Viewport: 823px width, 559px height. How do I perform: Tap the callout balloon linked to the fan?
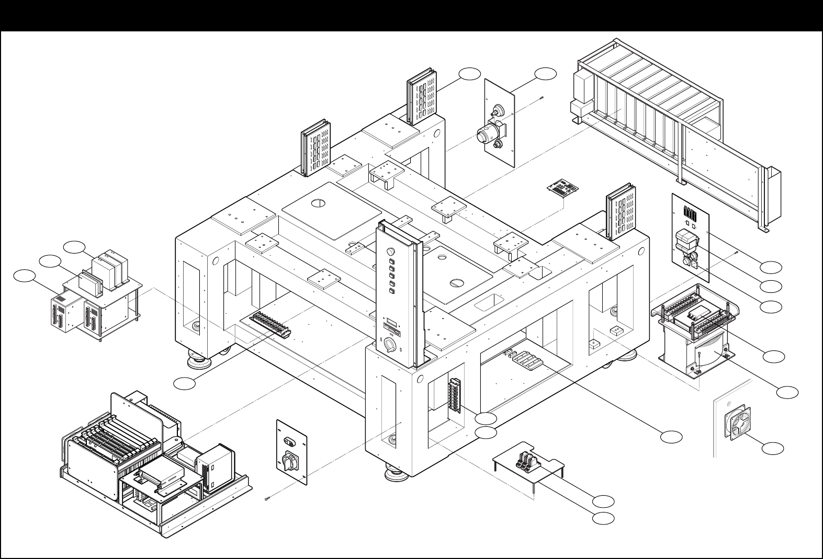773,448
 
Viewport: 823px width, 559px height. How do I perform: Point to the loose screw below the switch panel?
268,499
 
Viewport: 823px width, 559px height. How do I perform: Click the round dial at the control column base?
390,345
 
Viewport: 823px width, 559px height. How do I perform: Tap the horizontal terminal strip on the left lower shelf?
272,324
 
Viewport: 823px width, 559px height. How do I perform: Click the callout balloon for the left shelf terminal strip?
185,383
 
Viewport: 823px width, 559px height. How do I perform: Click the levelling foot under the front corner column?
395,474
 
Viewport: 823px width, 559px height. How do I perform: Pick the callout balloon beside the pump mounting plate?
545,74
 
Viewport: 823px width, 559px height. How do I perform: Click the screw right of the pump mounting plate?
544,97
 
